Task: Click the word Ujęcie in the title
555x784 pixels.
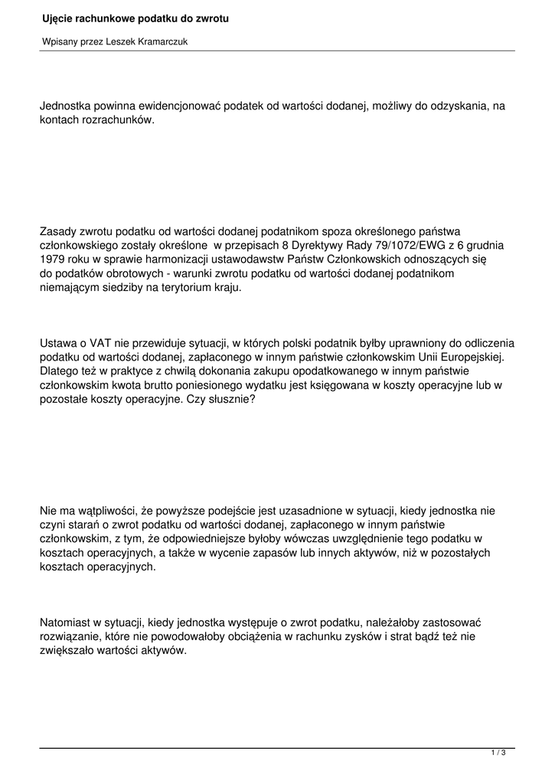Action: coord(58,18)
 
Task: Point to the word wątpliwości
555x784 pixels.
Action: coord(101,509)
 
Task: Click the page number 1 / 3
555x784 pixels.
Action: coord(498,753)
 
